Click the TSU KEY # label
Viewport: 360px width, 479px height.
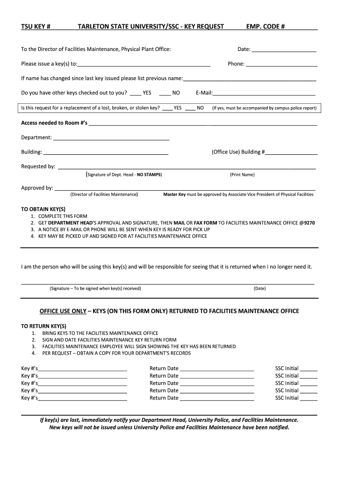(36, 27)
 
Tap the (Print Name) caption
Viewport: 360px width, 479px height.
(242, 175)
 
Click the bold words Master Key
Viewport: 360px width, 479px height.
(174, 194)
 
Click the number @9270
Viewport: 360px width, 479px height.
(307, 223)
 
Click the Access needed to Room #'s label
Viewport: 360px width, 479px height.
(54, 123)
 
